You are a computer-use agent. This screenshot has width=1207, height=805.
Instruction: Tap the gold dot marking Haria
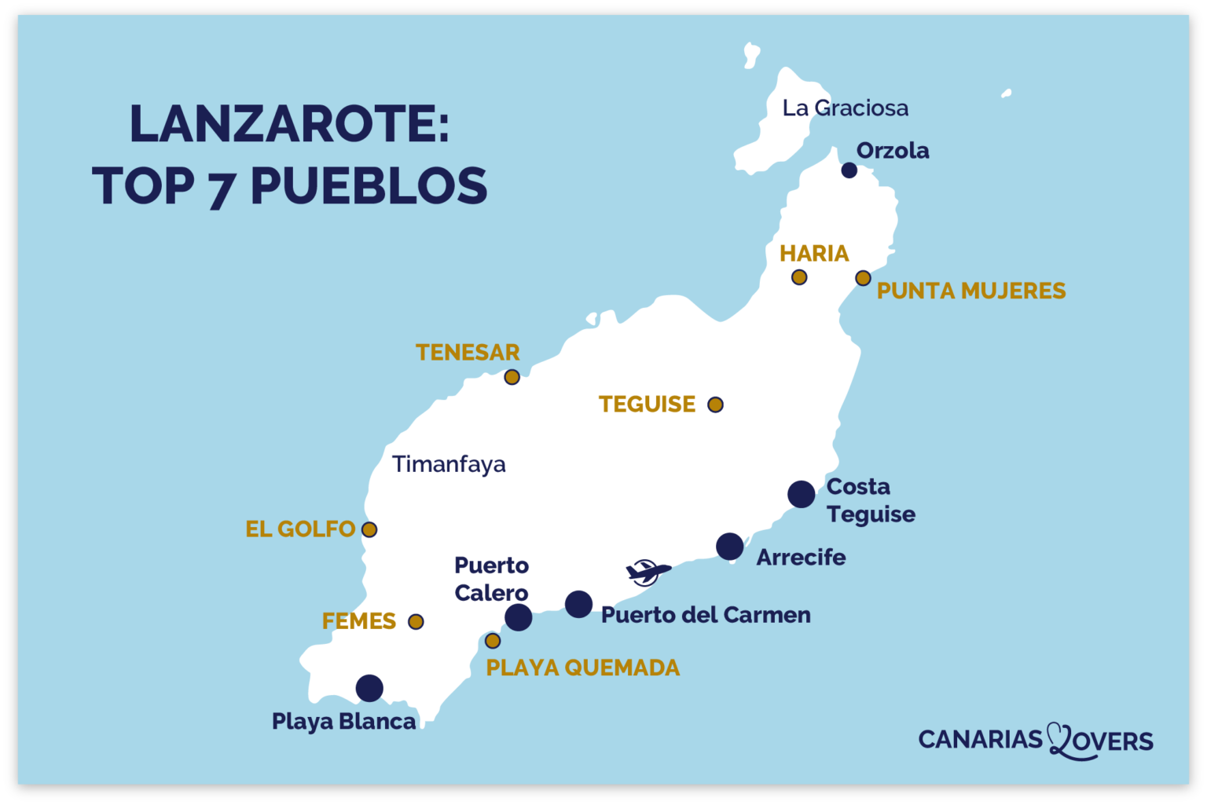799,277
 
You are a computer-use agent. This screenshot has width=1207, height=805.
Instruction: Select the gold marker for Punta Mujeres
863,278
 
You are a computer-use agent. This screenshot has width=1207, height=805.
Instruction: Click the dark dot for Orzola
849,170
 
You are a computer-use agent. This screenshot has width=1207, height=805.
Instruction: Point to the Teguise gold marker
715,404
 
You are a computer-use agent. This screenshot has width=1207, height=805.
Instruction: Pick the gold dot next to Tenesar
512,377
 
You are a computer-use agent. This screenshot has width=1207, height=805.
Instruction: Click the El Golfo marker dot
369,529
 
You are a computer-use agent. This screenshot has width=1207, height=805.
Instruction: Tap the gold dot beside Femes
416,622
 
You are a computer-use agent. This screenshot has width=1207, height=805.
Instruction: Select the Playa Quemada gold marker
493,641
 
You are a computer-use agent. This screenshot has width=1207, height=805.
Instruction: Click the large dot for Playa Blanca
369,688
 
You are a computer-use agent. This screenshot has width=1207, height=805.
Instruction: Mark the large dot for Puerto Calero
518,617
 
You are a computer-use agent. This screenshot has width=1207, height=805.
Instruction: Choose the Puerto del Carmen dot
578,604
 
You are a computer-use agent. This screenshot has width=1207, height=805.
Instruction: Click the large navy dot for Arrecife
729,546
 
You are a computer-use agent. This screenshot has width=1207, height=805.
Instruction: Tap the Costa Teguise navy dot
801,494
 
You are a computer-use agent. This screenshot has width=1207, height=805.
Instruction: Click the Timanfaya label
449,464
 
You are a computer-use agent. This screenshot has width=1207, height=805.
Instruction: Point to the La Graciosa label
845,108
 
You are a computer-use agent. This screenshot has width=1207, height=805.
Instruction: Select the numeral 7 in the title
222,188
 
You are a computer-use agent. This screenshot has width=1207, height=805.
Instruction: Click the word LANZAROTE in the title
288,124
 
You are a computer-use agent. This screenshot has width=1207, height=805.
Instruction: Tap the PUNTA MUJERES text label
970,291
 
